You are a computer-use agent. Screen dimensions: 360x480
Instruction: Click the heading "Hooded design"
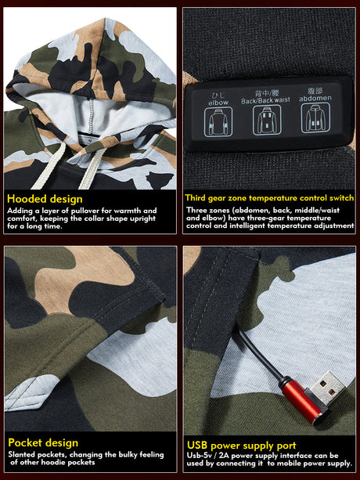tap(45, 199)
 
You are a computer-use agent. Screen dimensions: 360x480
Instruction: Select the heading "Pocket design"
tap(43, 442)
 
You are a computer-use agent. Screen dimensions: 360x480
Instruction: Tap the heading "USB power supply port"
tap(242, 446)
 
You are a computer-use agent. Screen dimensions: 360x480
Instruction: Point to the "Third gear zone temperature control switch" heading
tap(269, 198)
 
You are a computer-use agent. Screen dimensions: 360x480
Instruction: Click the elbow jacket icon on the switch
tap(218, 122)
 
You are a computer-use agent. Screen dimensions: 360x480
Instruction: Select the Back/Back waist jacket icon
tap(267, 120)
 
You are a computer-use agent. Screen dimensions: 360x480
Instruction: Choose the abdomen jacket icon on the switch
tap(315, 118)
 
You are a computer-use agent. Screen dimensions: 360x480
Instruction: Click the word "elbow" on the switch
tap(218, 103)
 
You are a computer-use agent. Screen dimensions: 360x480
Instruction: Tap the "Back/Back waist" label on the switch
tap(265, 101)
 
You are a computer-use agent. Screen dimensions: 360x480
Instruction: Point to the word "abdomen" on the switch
tap(315, 98)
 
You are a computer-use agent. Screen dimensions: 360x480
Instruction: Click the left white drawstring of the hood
tap(50, 165)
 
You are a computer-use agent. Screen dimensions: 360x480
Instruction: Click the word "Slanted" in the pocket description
tap(21, 454)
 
